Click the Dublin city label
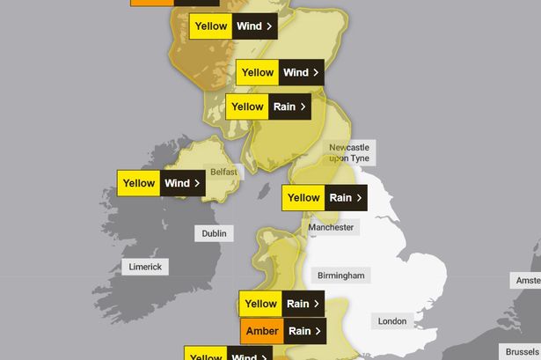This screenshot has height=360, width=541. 214,233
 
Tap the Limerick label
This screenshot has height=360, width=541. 144,267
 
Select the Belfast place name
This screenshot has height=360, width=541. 223,173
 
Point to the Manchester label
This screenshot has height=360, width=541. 332,227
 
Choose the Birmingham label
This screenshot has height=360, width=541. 340,276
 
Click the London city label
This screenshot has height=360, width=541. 392,321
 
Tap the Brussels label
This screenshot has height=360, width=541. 518,351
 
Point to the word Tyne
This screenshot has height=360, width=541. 361,158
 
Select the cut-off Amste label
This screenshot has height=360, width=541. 527,280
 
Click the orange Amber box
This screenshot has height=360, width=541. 261,331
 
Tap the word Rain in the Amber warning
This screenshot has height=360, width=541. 300,331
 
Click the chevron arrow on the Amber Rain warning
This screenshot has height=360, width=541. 318,331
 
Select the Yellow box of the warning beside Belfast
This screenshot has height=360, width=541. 139,184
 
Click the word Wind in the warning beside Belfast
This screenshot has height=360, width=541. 177,184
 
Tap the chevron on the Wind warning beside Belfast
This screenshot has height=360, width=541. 197,184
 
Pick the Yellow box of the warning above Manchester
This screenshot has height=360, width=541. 303,198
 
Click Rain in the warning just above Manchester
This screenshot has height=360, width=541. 340,198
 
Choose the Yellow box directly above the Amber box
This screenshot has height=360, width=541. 261,305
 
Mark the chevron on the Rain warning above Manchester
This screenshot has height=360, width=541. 359,198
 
